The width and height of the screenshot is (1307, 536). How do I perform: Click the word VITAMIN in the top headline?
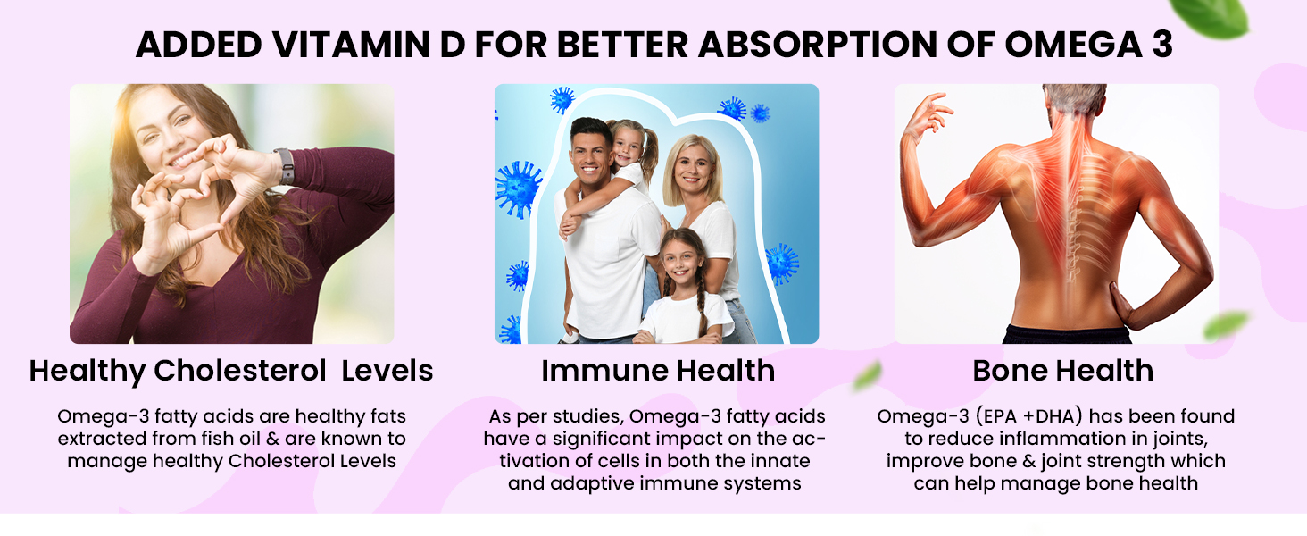[351, 45]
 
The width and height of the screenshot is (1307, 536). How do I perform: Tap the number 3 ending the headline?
[1162, 45]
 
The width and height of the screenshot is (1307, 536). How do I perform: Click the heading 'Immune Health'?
[658, 371]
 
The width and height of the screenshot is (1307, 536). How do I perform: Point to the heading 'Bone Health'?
[1062, 371]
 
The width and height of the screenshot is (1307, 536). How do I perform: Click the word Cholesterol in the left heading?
[240, 371]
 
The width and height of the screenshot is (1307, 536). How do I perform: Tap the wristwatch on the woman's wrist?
[286, 166]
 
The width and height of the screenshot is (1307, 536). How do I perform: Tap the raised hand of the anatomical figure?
[927, 113]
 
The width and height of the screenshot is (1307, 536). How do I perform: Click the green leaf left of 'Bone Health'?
[868, 375]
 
